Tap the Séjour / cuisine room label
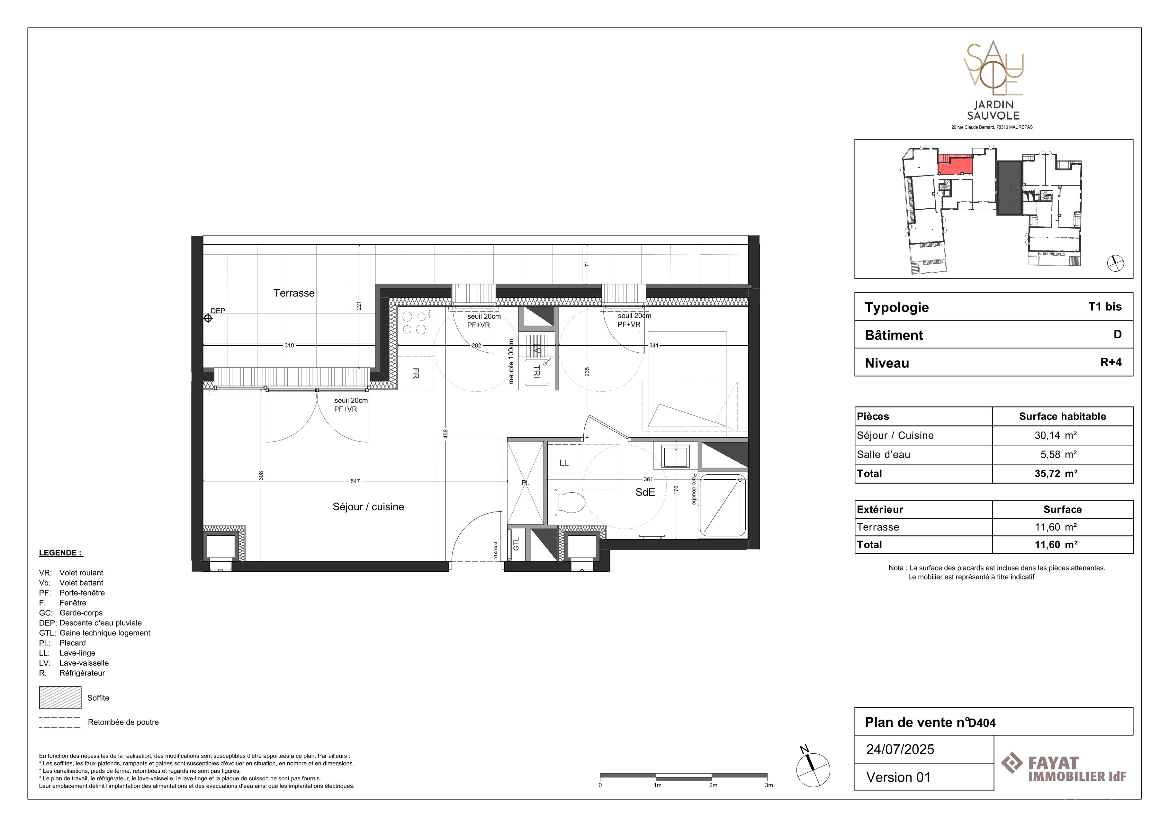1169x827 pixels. click(368, 507)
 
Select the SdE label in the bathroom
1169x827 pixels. click(645, 492)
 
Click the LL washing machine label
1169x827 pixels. click(564, 463)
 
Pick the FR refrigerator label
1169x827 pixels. click(416, 373)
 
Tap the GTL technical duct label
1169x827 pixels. click(516, 544)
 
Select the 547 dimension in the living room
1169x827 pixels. click(355, 481)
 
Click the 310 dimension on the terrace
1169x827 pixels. click(289, 345)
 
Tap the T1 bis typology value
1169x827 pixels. click(1105, 306)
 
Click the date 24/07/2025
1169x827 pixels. click(900, 749)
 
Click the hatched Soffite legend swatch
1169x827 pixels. click(60, 698)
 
